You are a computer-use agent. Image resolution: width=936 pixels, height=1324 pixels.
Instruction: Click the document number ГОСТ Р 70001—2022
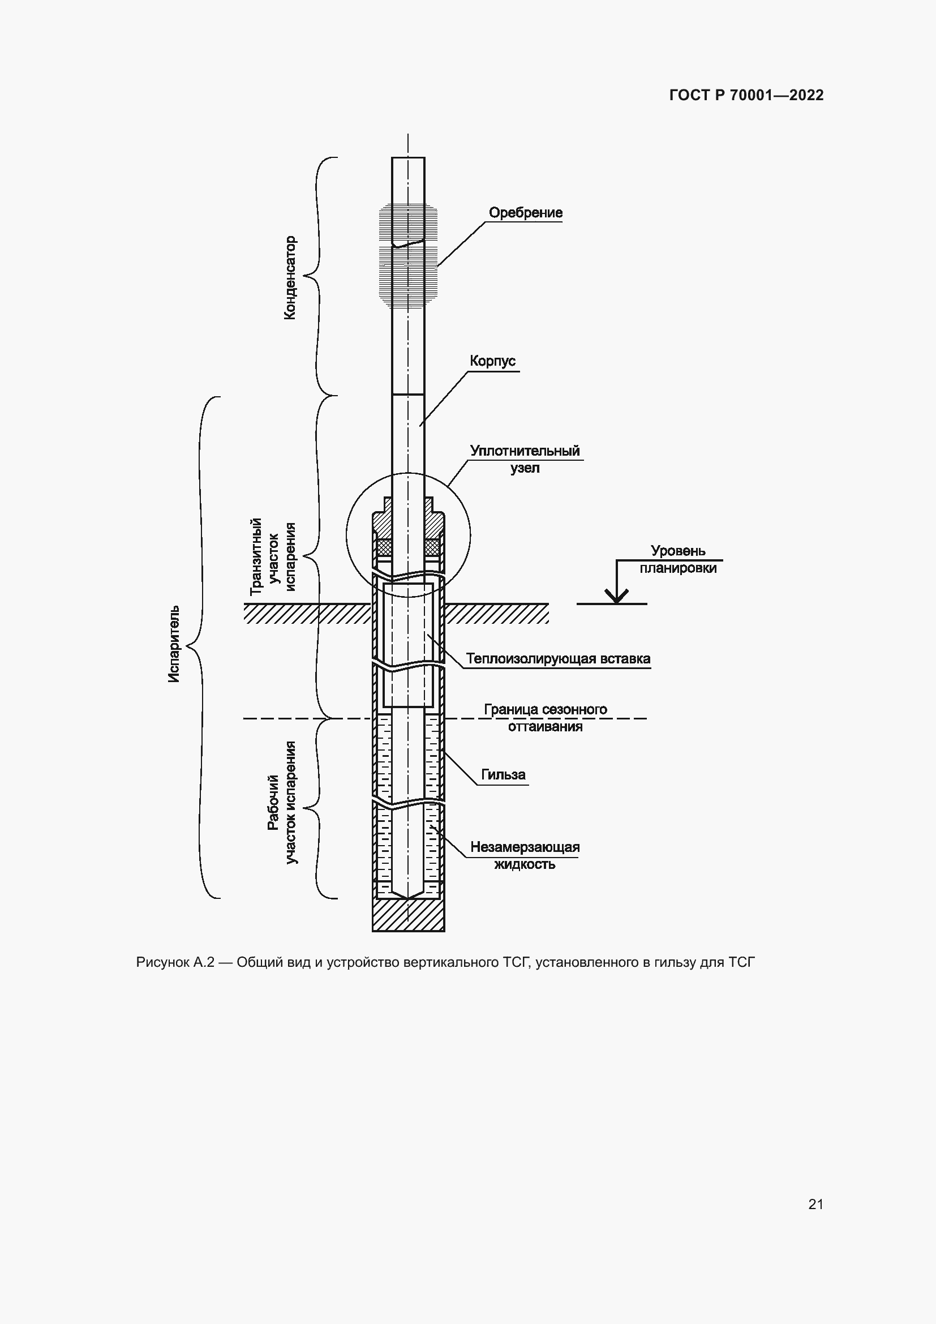coord(746,95)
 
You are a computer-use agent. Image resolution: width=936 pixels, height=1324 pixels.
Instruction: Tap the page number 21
coord(815,1204)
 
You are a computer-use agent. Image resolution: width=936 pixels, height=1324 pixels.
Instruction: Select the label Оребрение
coord(526,213)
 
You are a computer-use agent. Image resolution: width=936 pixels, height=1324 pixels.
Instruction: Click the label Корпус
coord(493,362)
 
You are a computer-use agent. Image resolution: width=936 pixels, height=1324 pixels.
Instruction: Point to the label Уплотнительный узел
coord(525,459)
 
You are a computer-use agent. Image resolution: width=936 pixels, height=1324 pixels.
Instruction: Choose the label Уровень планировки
coord(678,559)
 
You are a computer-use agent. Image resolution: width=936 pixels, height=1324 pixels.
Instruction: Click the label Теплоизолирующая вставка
coord(558,658)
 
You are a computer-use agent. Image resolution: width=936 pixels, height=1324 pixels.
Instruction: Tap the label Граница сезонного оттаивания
coord(545,717)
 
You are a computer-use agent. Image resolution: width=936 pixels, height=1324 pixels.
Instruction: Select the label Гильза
coord(504,774)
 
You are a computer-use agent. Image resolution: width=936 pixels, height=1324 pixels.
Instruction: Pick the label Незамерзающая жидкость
coord(525,855)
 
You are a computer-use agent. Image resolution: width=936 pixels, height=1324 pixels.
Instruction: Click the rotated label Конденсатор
coord(290,277)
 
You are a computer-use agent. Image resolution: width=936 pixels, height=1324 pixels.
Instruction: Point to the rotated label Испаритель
coord(174,644)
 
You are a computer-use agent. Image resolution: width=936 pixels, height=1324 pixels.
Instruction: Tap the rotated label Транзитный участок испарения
coord(273,556)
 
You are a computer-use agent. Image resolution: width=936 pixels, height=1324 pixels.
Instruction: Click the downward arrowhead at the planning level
coord(617,595)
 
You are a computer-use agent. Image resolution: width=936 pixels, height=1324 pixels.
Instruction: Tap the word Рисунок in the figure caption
coord(163,962)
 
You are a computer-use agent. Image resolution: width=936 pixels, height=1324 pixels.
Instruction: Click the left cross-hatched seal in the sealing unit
coord(383,546)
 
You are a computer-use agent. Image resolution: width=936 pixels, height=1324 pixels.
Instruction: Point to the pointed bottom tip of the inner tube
coord(408,898)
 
